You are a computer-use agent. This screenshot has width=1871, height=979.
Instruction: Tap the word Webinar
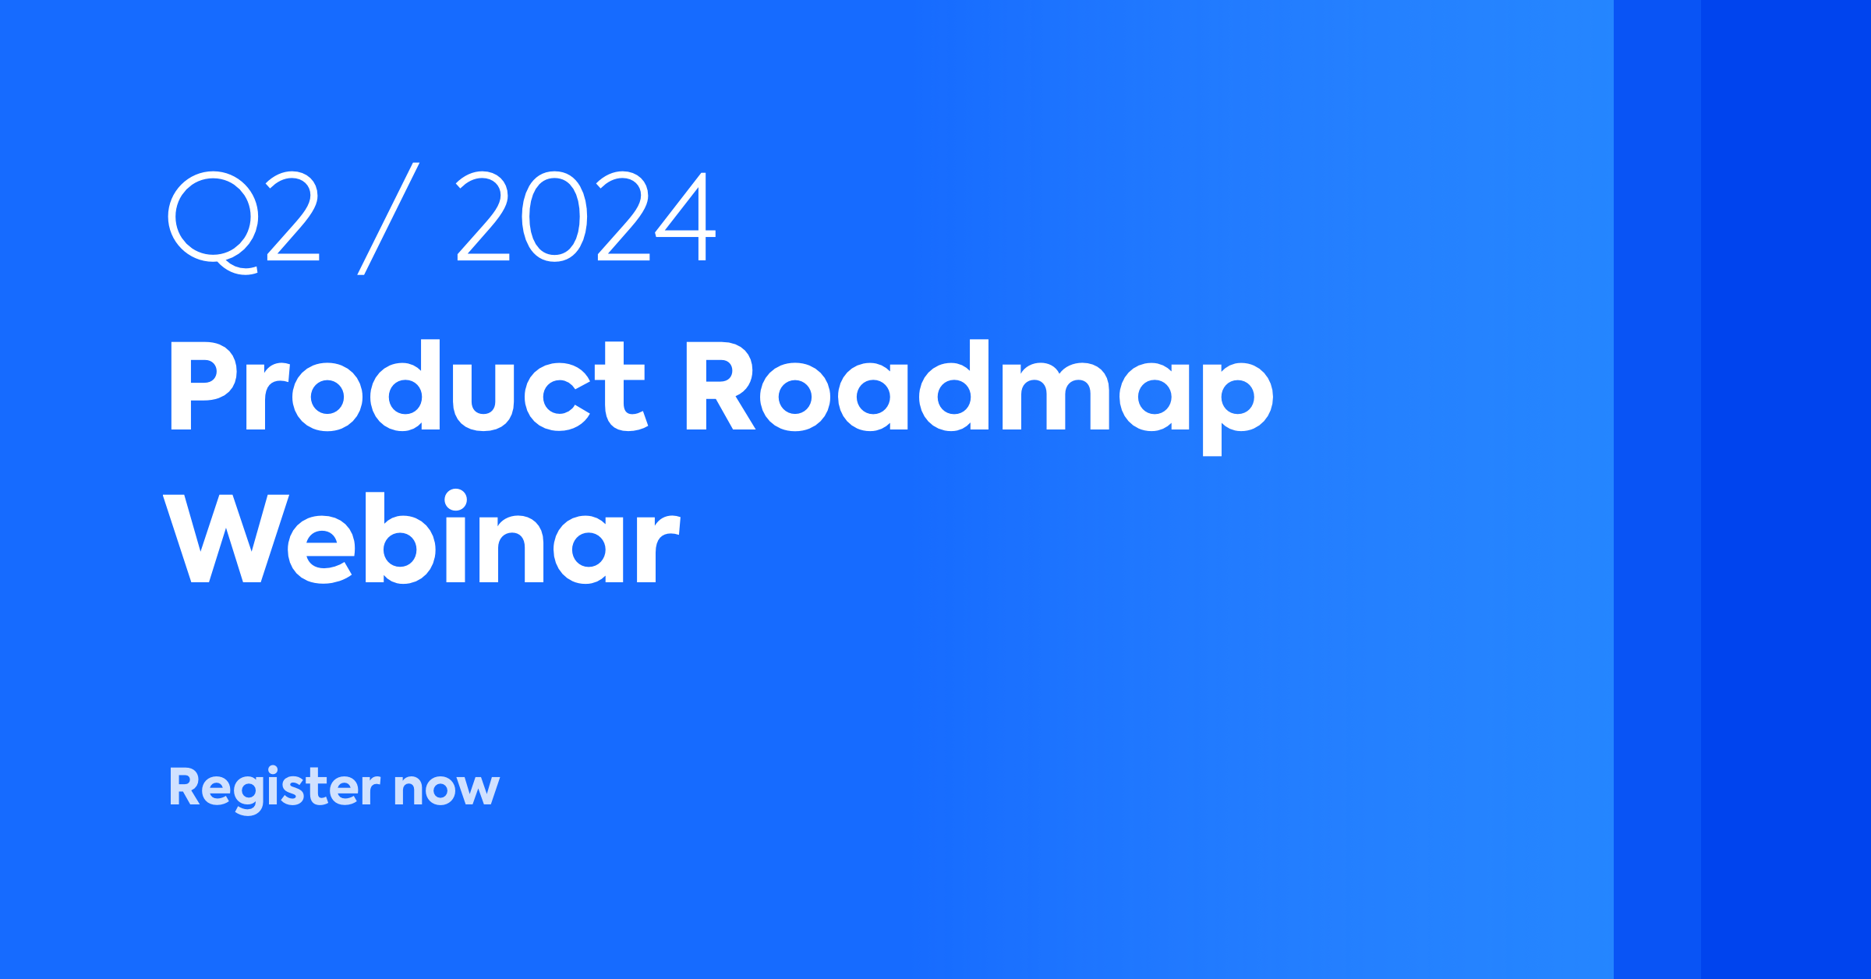[x=422, y=539]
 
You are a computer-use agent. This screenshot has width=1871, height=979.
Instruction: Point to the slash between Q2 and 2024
[x=388, y=219]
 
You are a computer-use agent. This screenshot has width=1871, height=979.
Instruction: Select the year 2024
[x=585, y=217]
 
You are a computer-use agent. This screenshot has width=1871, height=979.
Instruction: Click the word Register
[x=274, y=788]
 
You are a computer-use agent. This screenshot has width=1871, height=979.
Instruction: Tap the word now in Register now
[x=446, y=788]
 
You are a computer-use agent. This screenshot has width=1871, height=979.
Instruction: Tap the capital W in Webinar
[x=226, y=539]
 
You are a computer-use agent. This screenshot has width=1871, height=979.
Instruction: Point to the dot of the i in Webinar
[x=455, y=500]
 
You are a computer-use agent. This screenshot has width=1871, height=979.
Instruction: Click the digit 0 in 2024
[x=554, y=217]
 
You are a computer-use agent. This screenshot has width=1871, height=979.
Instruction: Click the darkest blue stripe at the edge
[x=1785, y=489]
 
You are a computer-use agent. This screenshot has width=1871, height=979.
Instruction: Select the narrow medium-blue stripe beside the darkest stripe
[x=1657, y=489]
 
